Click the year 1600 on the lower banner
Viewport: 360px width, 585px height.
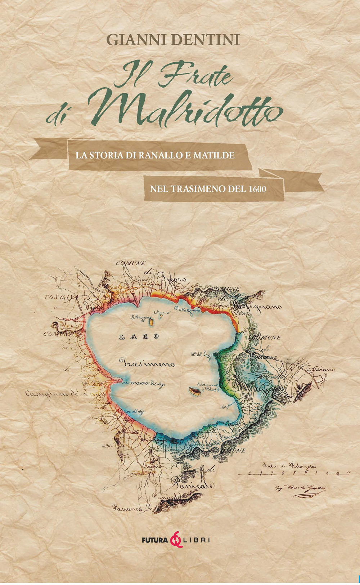[257, 188]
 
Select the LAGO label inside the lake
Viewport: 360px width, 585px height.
[139, 336]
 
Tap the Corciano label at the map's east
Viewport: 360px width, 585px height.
[320, 369]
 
